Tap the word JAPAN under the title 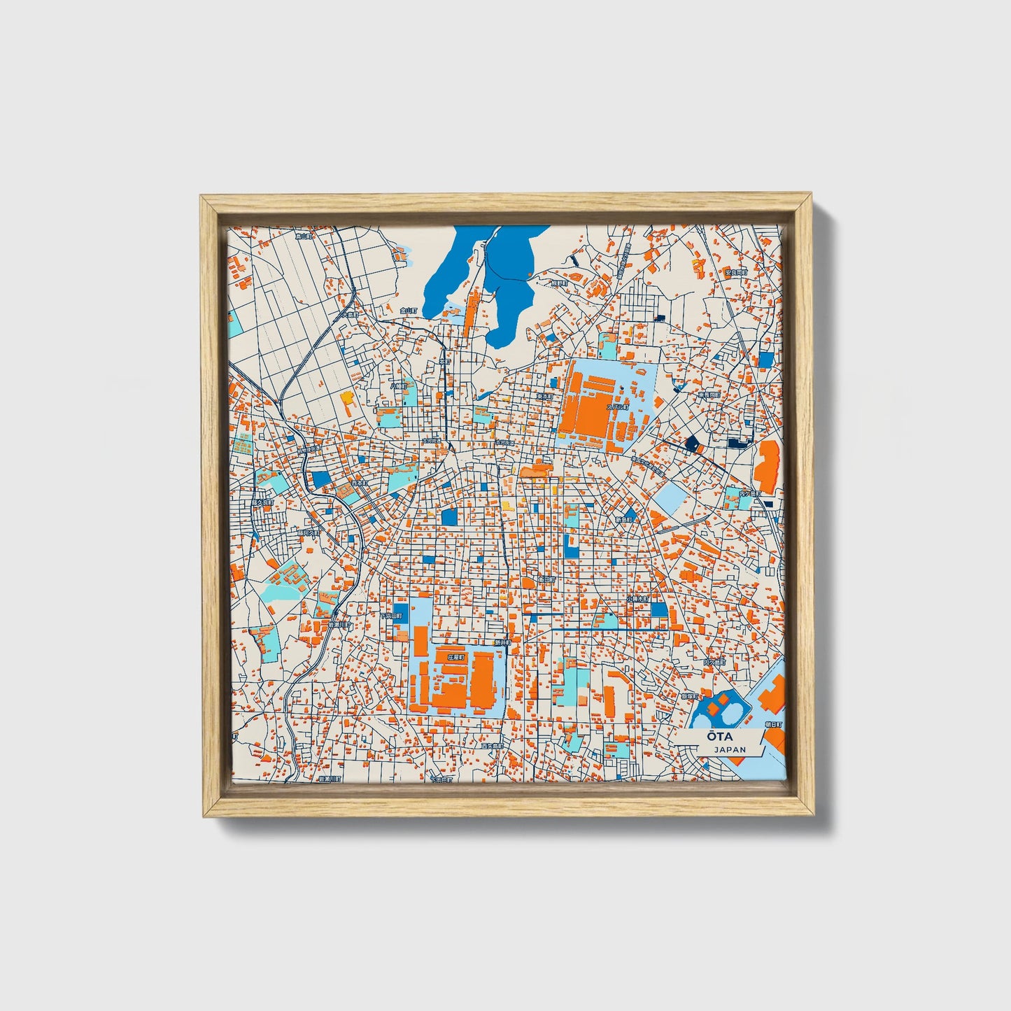730,749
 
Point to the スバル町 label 618,406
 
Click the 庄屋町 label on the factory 456,658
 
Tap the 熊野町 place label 559,283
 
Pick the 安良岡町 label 735,272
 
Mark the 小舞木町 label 638,600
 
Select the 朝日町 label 775,725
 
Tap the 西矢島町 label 493,747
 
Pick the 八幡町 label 398,386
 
